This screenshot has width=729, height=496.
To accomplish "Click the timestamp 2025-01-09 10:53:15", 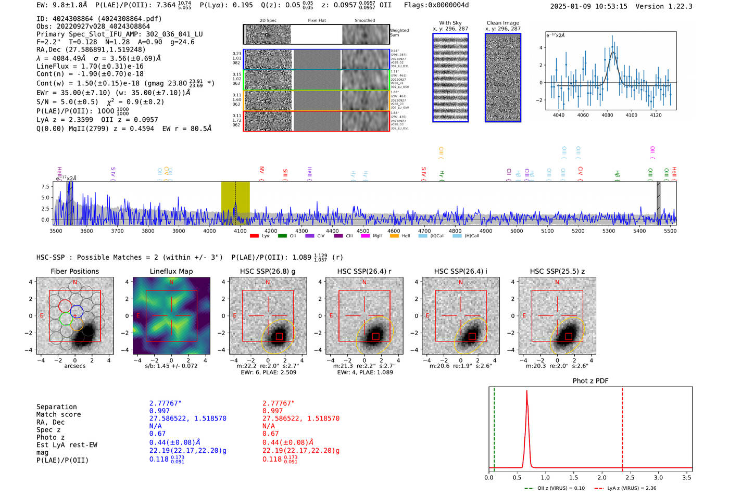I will pyautogui.click(x=588, y=6).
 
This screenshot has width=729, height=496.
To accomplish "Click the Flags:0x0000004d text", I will pyautogui.click(x=436, y=5).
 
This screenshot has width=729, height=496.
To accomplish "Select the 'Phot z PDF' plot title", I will pyautogui.click(x=590, y=380).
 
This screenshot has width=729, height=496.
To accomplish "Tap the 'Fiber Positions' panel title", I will pyautogui.click(x=74, y=271).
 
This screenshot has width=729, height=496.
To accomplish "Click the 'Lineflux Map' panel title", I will pyautogui.click(x=171, y=271).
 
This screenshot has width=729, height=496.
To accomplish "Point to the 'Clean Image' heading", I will pyautogui.click(x=502, y=23).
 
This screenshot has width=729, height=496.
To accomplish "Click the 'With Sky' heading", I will pyautogui.click(x=450, y=23).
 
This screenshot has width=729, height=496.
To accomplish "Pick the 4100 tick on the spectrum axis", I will pyautogui.click(x=240, y=231).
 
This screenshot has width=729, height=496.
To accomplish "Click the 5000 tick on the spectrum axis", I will pyautogui.click(x=517, y=231).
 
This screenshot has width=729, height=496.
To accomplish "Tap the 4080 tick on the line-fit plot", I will pyautogui.click(x=607, y=115).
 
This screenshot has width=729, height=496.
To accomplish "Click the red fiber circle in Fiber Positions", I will pyautogui.click(x=65, y=306).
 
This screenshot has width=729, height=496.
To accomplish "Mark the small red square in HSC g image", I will pyautogui.click(x=280, y=336).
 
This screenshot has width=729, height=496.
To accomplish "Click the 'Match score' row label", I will pyautogui.click(x=58, y=414).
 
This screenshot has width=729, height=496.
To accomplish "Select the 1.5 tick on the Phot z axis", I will pyautogui.click(x=573, y=477).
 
